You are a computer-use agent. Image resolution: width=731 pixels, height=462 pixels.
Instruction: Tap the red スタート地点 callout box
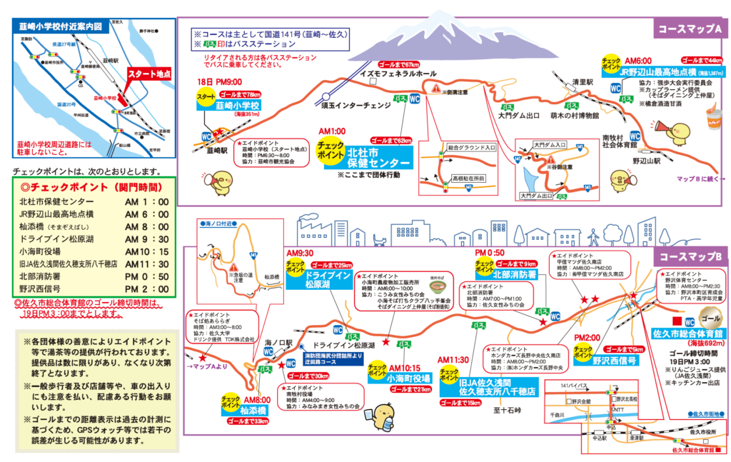tap(149, 74)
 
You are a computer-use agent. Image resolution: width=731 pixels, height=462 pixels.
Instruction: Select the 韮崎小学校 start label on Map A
tap(228, 106)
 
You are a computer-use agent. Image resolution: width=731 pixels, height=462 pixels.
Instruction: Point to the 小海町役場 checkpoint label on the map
tap(410, 378)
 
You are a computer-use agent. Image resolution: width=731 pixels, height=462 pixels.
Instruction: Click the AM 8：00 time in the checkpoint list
tap(146, 227)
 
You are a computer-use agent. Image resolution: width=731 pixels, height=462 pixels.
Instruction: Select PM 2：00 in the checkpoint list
tap(146, 288)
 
